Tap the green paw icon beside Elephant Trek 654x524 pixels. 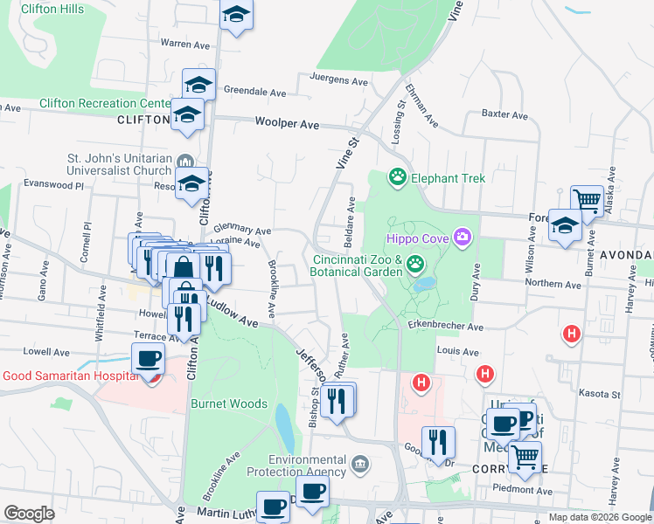pyautogui.click(x=399, y=178)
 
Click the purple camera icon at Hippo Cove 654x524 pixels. pyautogui.click(x=462, y=237)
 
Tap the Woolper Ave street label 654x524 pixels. pyautogui.click(x=287, y=124)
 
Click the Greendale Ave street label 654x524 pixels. pyautogui.click(x=254, y=91)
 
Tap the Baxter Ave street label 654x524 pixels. pyautogui.click(x=504, y=114)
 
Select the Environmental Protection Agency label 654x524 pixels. pyautogui.click(x=308, y=466)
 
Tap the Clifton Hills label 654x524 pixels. pyautogui.click(x=52, y=9)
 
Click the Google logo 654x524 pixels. pyautogui.click(x=28, y=514)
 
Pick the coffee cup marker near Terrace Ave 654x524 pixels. pyautogui.click(x=148, y=358)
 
